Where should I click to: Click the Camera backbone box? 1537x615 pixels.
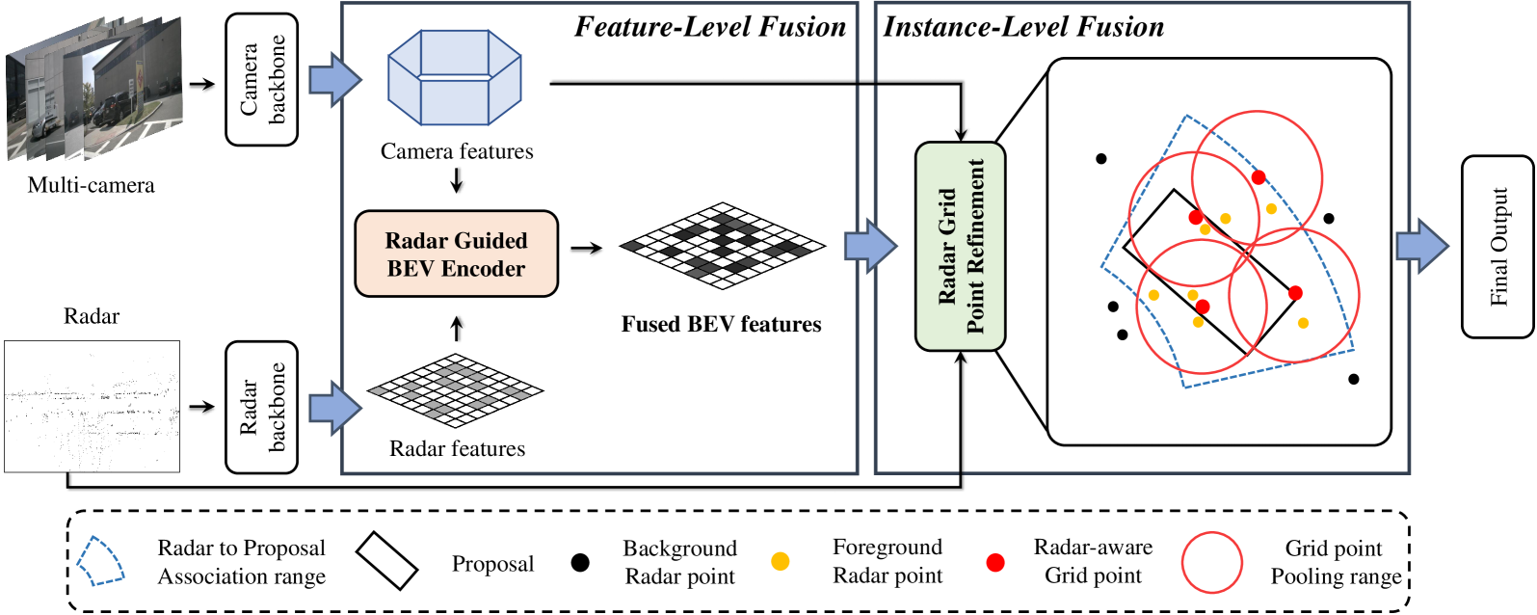point(261,80)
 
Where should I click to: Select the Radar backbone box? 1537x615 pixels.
point(261,407)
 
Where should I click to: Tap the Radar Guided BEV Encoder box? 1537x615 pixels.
point(457,254)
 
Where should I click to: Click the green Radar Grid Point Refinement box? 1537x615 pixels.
point(961,247)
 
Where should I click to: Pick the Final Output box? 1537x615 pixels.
point(1497,247)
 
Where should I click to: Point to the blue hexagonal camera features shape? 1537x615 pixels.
point(454,77)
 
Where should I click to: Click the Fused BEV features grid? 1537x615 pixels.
point(723,245)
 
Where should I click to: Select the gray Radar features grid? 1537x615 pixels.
point(456,389)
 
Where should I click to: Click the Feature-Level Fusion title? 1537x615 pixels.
point(710,27)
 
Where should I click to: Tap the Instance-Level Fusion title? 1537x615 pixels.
point(1023,27)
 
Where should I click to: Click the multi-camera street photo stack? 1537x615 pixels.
point(94,88)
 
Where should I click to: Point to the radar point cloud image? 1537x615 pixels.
point(92,407)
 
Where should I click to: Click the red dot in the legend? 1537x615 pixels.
point(994,563)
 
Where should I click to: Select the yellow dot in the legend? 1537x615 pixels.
point(781,561)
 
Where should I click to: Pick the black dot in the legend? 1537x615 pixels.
point(580,563)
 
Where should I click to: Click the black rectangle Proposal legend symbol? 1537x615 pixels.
point(387,561)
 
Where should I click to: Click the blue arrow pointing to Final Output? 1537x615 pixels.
point(1422,247)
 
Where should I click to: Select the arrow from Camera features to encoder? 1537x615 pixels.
point(457,180)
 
